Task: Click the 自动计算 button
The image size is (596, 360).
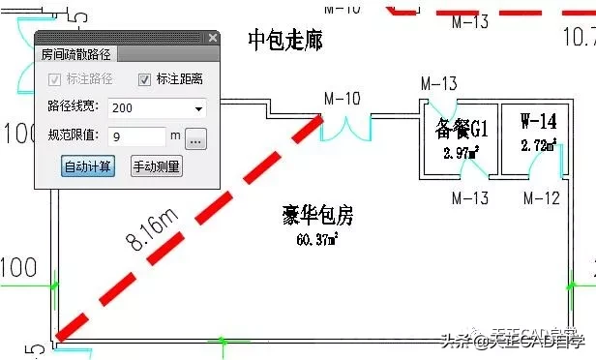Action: [x=88, y=165]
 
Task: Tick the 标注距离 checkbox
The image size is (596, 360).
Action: [x=145, y=79]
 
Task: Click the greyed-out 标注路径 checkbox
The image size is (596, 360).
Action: [x=55, y=79]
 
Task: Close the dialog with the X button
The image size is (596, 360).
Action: [x=213, y=38]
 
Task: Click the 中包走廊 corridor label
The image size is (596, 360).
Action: [x=285, y=41]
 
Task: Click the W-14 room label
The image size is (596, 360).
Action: [x=538, y=122]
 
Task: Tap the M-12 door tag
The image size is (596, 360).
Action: [x=542, y=198]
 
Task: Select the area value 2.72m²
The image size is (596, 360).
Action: [x=539, y=146]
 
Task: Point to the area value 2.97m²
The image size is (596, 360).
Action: [x=461, y=153]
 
